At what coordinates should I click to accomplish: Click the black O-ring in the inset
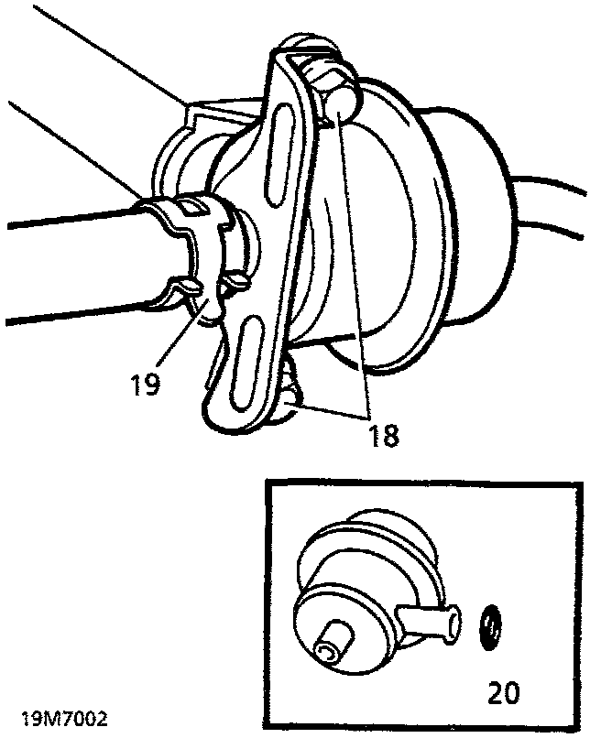pyautogui.click(x=492, y=629)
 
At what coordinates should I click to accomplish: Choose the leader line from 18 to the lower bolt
pyautogui.click(x=334, y=407)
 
